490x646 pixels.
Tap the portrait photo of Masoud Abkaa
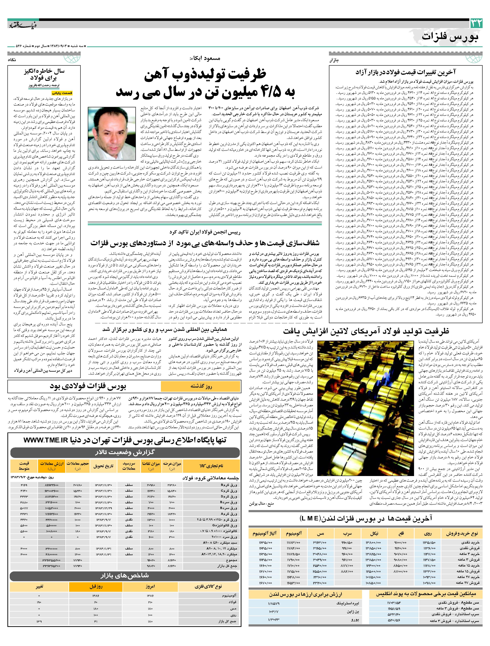112,134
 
